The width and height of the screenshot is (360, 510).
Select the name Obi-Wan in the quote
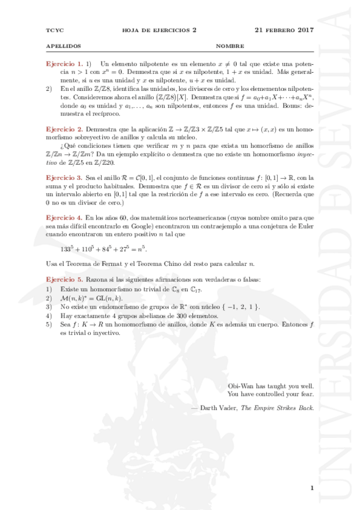click(x=240, y=386)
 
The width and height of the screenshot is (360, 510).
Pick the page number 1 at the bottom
click(x=313, y=488)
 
